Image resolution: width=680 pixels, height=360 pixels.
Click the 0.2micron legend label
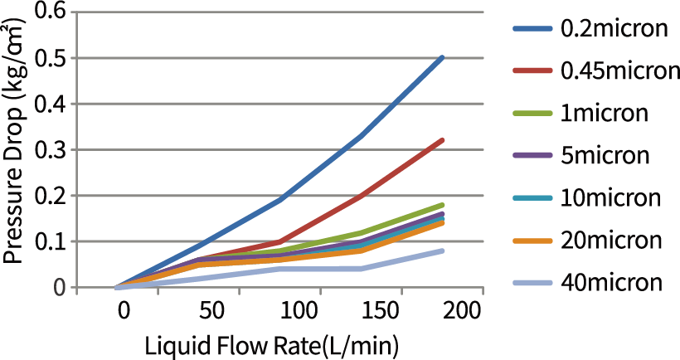pos(614,28)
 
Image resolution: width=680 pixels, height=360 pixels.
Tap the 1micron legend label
pos(605,113)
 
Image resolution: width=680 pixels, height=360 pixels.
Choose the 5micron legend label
pos(605,155)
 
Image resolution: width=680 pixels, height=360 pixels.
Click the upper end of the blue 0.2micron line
pos(442,58)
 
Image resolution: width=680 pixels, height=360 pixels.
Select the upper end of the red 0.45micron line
pos(442,140)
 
